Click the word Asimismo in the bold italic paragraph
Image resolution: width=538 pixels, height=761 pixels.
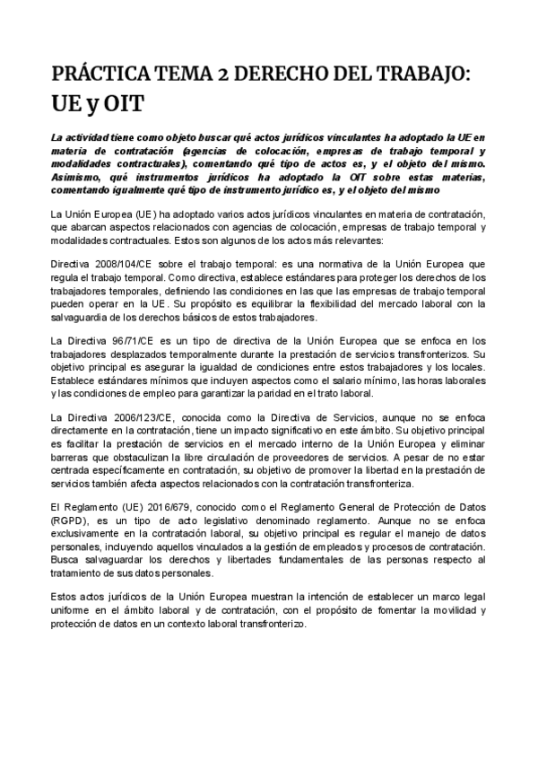pos(78,178)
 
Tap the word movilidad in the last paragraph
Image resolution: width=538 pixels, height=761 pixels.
pos(446,610)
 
